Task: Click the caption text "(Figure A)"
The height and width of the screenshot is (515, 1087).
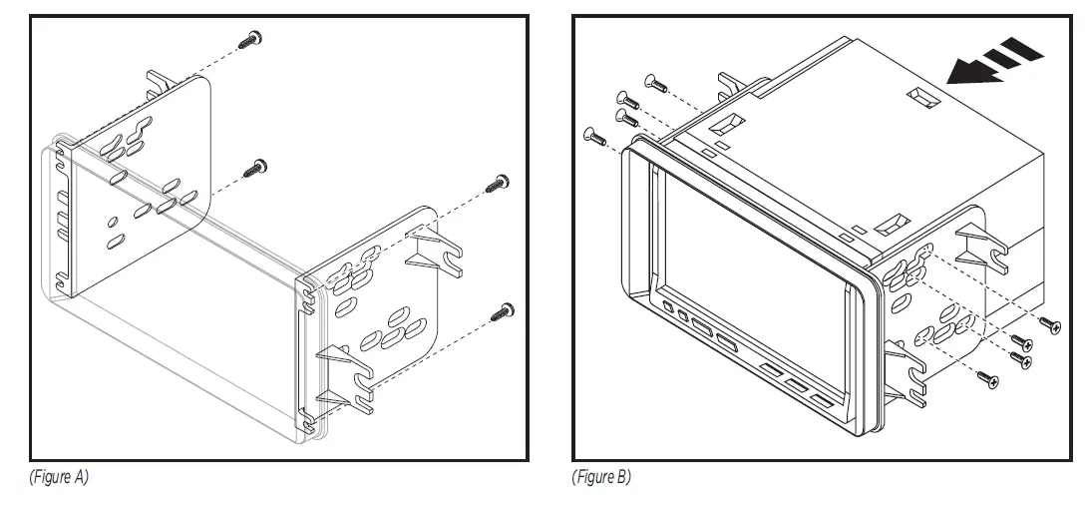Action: click(60, 478)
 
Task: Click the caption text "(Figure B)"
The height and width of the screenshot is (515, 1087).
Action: click(601, 478)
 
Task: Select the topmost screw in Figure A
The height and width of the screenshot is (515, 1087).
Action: click(251, 39)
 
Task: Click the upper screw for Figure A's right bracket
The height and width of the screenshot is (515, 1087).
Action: click(499, 182)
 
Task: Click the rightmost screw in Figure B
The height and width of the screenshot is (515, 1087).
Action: click(1051, 322)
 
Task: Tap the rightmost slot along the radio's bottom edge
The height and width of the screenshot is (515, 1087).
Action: click(821, 400)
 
